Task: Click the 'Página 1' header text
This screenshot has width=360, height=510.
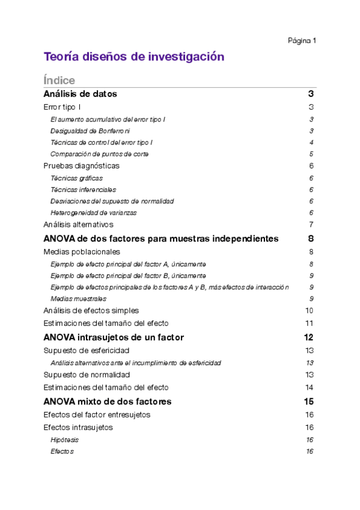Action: (302, 40)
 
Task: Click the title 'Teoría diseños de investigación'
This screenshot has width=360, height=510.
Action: (133, 57)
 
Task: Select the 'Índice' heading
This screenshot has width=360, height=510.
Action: (59, 81)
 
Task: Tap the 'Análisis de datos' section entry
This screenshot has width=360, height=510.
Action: (80, 94)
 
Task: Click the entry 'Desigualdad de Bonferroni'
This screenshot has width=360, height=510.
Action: (90, 131)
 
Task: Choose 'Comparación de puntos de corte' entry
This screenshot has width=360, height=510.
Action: (99, 154)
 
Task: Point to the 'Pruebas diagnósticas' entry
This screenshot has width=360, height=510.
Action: (81, 166)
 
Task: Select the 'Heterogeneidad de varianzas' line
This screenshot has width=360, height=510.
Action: (93, 213)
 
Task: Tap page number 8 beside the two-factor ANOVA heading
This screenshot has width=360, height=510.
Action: (311, 239)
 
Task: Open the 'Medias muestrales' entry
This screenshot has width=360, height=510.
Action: (78, 299)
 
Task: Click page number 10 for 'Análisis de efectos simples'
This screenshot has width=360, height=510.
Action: (309, 311)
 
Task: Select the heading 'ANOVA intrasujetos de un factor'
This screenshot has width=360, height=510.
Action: (114, 337)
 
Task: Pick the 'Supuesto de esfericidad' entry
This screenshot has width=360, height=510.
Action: (86, 351)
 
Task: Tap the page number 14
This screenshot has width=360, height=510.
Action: (309, 388)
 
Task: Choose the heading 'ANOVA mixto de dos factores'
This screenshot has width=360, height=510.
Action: (108, 402)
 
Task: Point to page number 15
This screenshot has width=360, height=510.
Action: (309, 402)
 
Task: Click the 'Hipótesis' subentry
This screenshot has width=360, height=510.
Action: (64, 440)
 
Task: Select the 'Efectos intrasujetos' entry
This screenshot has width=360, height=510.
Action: (78, 428)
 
